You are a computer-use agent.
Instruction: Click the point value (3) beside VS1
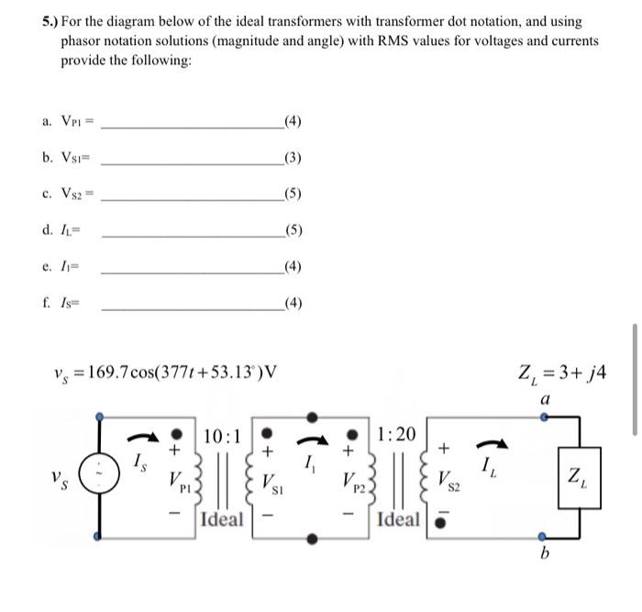pyautogui.click(x=293, y=158)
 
